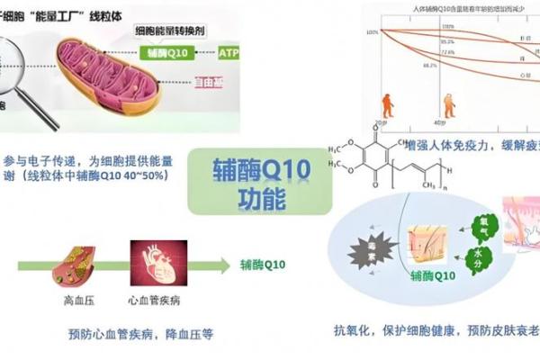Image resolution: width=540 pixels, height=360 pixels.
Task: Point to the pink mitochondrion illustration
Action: tap(117, 76)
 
